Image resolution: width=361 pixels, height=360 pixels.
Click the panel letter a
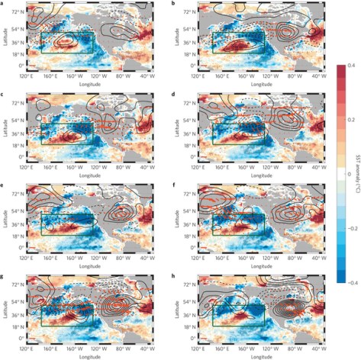pos(4,3)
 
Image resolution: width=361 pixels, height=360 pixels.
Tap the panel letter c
pos(4,93)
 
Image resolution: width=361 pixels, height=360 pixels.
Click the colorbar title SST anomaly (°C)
pos(356,174)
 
